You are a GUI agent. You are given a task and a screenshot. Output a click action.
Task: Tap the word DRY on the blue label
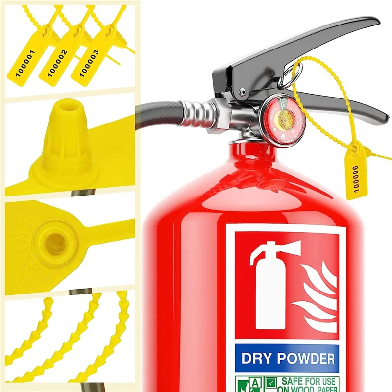pyautogui.click(x=259, y=359)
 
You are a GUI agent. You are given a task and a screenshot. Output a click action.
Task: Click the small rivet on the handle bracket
pyautogui.click(x=242, y=92)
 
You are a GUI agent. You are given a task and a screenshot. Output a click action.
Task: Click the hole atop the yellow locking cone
pyautogui.click(x=66, y=105)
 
